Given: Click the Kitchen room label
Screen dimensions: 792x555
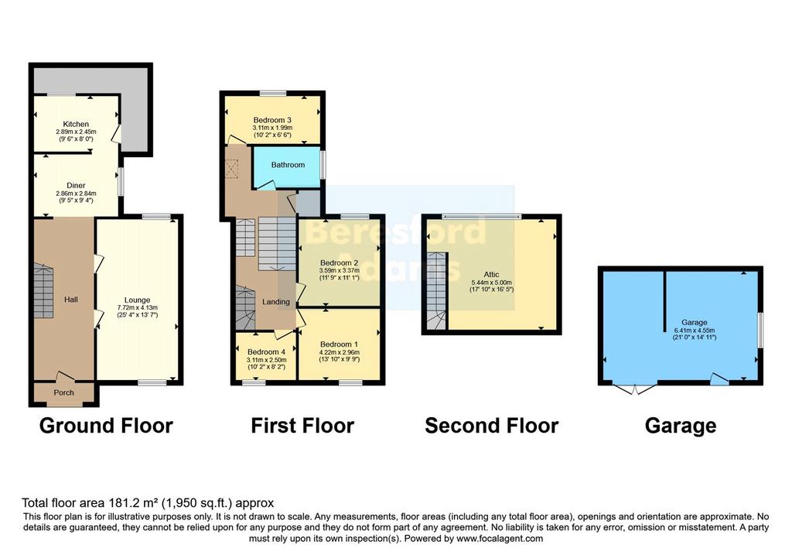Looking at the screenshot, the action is (76, 124).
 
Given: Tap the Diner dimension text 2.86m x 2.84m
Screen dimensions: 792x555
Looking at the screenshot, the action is (76, 193).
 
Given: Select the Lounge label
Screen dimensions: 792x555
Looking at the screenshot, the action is (137, 300).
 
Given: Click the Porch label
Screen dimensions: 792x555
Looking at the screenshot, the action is (63, 392).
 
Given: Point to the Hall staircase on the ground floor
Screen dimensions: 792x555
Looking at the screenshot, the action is (43, 290).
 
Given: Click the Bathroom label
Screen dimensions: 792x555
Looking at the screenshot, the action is (288, 165).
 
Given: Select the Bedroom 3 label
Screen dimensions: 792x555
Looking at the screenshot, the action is (272, 120).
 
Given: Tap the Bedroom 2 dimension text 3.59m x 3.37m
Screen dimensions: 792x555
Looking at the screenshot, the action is (339, 270).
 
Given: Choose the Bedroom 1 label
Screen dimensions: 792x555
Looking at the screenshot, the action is (339, 344).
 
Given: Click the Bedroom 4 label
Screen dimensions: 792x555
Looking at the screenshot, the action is (266, 351).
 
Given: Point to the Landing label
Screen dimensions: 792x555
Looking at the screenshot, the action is (276, 302).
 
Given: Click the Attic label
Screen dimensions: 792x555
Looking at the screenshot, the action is (491, 275).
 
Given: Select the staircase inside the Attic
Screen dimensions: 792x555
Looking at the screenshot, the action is (436, 291).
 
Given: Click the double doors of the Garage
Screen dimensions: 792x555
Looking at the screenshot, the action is (635, 389).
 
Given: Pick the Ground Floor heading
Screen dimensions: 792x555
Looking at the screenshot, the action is (106, 426).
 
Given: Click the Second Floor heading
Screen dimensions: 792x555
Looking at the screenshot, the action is (491, 426).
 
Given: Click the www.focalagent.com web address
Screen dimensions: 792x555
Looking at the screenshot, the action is (500, 539).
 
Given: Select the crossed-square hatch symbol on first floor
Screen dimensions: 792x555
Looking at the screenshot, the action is (231, 169).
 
